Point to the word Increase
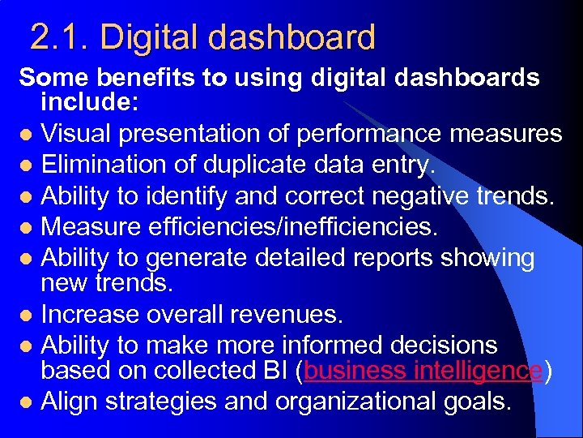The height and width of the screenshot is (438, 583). [90, 314]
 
